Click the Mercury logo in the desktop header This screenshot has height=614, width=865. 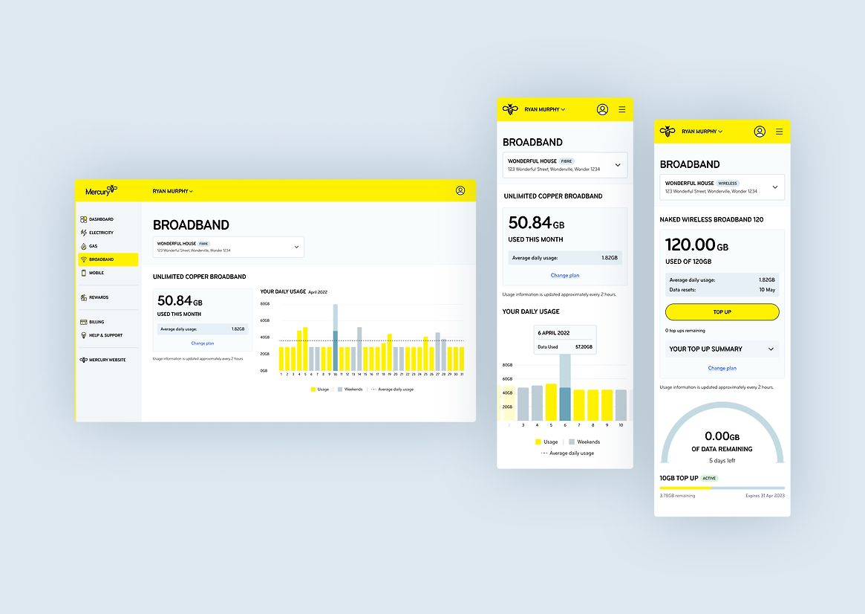101,191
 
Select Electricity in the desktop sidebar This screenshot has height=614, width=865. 101,233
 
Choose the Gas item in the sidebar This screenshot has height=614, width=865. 93,246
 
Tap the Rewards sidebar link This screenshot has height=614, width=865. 98,297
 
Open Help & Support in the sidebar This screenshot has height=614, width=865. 105,335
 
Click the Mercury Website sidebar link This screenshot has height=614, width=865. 107,360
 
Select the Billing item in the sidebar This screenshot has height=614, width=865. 97,322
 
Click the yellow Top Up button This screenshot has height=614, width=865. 722,312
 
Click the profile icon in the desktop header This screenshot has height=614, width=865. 460,191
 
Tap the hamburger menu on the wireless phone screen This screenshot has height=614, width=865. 779,132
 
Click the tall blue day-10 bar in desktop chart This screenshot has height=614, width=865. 336,338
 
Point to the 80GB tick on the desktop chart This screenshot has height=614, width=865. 265,304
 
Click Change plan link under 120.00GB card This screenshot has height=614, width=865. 722,368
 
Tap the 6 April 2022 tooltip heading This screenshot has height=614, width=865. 553,333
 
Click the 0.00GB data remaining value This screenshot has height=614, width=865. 722,436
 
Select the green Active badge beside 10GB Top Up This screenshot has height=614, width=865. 710,478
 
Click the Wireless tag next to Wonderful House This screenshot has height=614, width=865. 728,183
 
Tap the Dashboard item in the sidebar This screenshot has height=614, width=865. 101,219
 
